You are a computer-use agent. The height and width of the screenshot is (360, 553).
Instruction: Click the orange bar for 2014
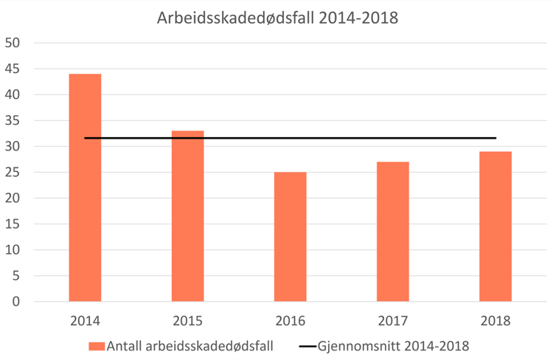[x=85, y=188]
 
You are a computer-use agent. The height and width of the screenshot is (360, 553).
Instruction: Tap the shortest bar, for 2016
[x=291, y=237]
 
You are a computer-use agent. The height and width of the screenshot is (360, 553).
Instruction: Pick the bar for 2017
[x=393, y=232]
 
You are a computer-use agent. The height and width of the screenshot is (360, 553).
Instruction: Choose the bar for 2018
[x=495, y=226]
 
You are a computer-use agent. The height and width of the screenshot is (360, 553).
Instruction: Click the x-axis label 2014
[x=85, y=321]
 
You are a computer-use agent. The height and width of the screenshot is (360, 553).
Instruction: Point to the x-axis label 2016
[x=291, y=321]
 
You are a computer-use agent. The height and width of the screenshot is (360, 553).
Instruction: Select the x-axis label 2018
[x=495, y=321]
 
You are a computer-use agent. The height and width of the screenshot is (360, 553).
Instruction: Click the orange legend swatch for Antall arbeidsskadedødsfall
[x=96, y=345]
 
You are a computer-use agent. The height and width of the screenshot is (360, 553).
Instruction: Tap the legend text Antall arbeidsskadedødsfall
[x=190, y=345]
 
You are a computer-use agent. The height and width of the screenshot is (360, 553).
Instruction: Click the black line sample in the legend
[x=314, y=345]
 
